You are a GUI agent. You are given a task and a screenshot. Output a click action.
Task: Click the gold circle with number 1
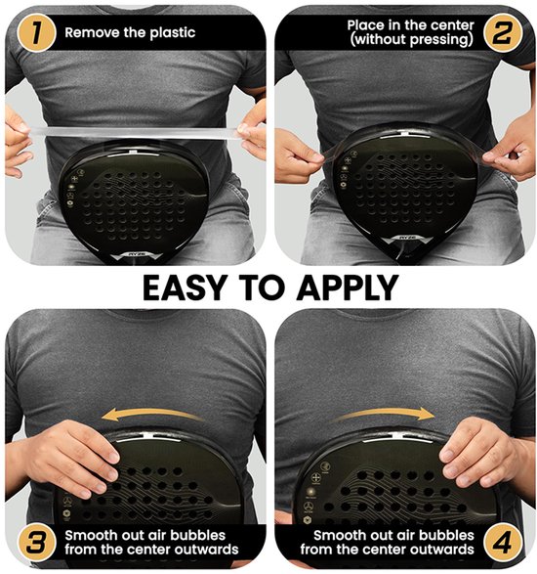click(36, 32)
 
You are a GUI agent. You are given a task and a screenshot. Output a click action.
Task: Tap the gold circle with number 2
click(502, 32)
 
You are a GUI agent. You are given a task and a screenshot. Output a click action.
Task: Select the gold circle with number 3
click(36, 543)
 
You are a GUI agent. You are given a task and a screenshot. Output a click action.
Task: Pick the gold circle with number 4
click(502, 543)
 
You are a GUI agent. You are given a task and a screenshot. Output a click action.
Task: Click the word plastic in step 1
click(173, 33)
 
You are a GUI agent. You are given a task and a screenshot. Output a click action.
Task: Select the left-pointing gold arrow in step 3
click(151, 416)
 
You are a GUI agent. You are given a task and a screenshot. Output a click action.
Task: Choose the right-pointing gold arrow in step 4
click(385, 414)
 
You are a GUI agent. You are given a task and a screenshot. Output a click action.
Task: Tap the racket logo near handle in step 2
click(407, 238)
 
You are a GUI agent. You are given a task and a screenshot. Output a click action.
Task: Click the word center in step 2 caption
click(452, 25)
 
